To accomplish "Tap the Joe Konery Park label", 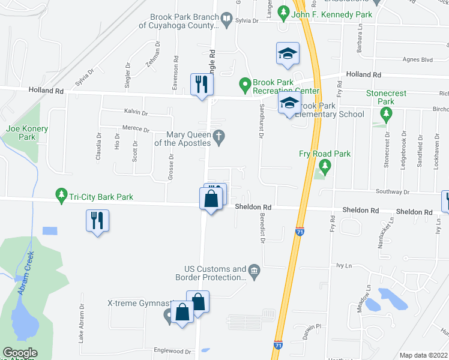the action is pos(27,133).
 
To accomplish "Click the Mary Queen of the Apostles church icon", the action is pos(220,137).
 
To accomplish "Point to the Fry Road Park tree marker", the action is pos(325,166).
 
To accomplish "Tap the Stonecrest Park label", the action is pos(387,97).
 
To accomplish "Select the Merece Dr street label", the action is pos(136,128).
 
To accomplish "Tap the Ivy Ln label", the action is pos(343,265).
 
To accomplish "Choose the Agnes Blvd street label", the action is pos(418,59).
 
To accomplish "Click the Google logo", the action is pos(20,353).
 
